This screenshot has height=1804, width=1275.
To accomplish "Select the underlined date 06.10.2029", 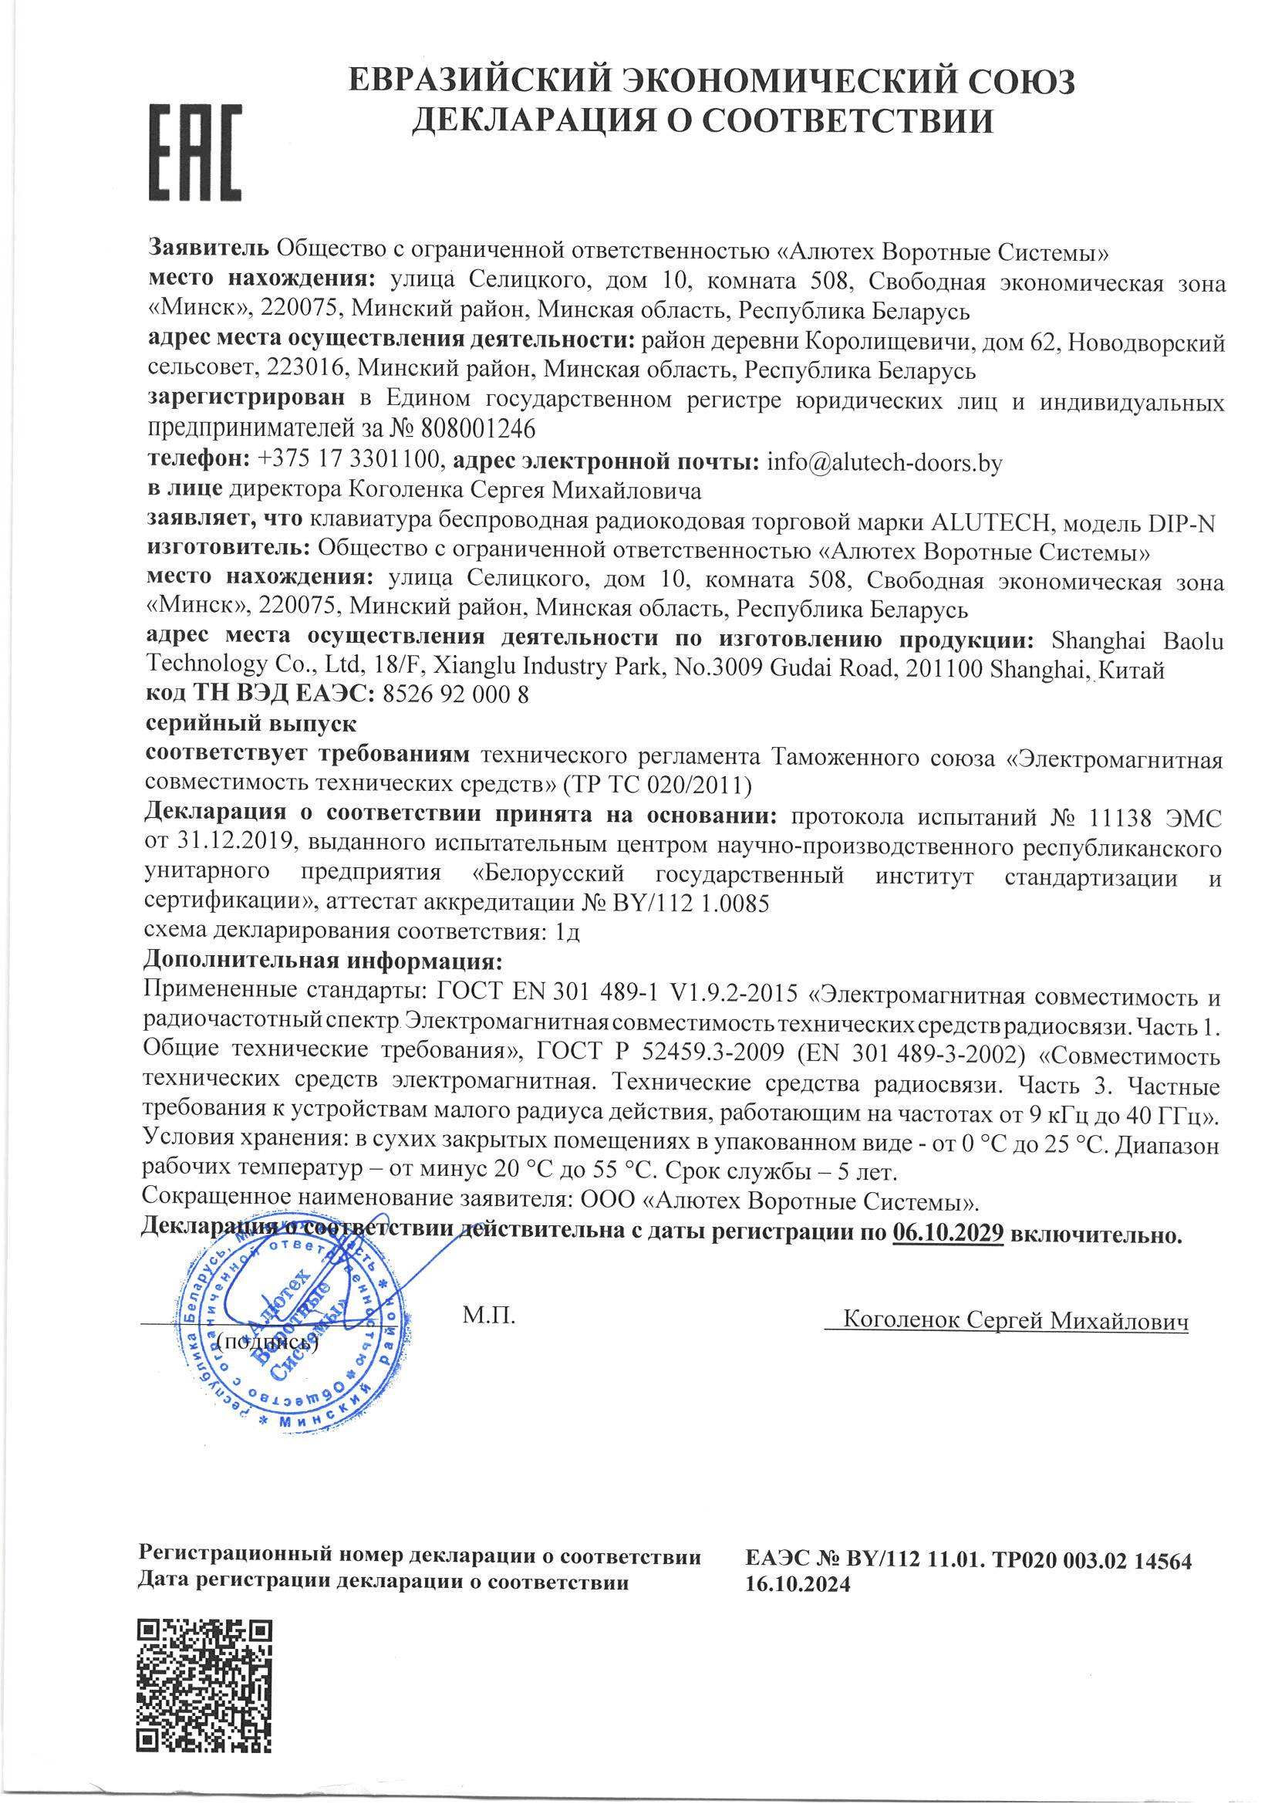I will pyautogui.click(x=947, y=1233).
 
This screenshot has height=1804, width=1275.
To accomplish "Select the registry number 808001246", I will pyautogui.click(x=477, y=429).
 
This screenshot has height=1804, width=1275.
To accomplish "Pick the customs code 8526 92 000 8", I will pyautogui.click(x=455, y=694).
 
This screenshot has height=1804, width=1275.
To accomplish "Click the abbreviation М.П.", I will pyautogui.click(x=488, y=1316).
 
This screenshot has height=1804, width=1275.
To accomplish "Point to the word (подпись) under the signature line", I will pyautogui.click(x=267, y=1341).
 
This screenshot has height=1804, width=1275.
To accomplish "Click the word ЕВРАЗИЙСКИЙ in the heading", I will pyautogui.click(x=480, y=81).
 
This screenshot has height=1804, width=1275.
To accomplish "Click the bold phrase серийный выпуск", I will pyautogui.click(x=251, y=724).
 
